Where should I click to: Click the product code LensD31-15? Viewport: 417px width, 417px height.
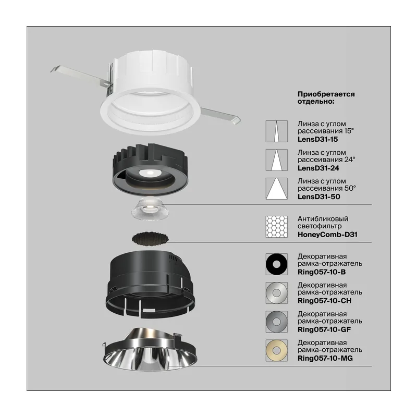pyautogui.click(x=317, y=139)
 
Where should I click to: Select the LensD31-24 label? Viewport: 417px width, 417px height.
pyautogui.click(x=318, y=168)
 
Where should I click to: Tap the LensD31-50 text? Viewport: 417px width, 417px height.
pyautogui.click(x=318, y=197)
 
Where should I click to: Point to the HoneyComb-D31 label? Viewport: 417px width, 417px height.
pyautogui.click(x=327, y=235)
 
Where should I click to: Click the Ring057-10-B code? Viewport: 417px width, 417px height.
pyautogui.click(x=322, y=272)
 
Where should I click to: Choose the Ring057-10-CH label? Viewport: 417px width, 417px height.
pyautogui.click(x=324, y=301)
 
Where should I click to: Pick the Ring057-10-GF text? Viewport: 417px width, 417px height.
pyautogui.click(x=324, y=329)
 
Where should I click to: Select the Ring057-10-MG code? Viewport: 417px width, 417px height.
pyautogui.click(x=325, y=358)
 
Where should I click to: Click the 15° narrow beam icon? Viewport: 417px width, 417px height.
pyautogui.click(x=277, y=131)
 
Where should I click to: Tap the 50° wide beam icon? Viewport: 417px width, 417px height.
pyautogui.click(x=277, y=189)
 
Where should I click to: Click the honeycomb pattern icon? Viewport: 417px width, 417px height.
pyautogui.click(x=277, y=227)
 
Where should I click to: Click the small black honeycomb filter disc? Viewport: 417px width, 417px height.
pyautogui.click(x=150, y=238)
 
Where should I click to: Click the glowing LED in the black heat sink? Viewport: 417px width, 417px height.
pyautogui.click(x=150, y=173)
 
